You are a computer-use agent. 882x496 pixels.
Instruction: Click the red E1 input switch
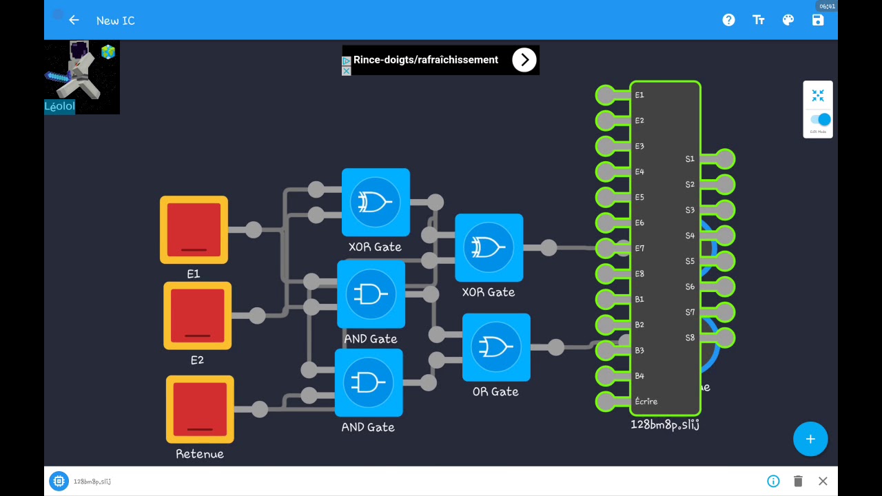pyautogui.click(x=194, y=230)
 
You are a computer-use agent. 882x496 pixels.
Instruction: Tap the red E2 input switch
pyautogui.click(x=197, y=316)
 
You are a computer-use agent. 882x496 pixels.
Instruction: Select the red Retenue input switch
pyautogui.click(x=200, y=409)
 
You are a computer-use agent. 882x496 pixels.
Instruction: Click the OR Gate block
pyautogui.click(x=496, y=347)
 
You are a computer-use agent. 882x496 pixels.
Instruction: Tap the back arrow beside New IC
pyautogui.click(x=74, y=20)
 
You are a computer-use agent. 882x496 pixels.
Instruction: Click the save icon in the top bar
pyautogui.click(x=818, y=20)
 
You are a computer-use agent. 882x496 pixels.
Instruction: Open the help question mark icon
pyautogui.click(x=728, y=20)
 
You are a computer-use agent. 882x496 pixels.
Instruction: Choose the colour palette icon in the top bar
pyautogui.click(x=788, y=20)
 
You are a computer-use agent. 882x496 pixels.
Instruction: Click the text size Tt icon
pyautogui.click(x=759, y=20)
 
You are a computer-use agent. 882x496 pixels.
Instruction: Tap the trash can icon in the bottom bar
pyautogui.click(x=798, y=481)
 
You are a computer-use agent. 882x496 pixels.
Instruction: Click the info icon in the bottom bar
pyautogui.click(x=773, y=481)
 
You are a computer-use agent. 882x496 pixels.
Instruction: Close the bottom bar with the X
pyautogui.click(x=823, y=481)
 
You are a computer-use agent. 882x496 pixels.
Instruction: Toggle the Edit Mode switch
pyautogui.click(x=820, y=120)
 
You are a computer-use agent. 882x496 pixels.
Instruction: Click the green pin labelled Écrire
pyautogui.click(x=606, y=401)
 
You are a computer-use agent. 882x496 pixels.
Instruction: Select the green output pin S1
pyautogui.click(x=725, y=159)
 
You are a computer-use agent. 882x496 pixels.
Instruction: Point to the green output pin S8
pyautogui.click(x=725, y=338)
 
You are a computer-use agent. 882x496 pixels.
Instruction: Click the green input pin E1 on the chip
pyautogui.click(x=606, y=95)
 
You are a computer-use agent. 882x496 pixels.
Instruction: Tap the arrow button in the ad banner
pyautogui.click(x=524, y=60)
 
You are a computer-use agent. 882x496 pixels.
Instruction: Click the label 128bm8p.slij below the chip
pyautogui.click(x=665, y=424)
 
